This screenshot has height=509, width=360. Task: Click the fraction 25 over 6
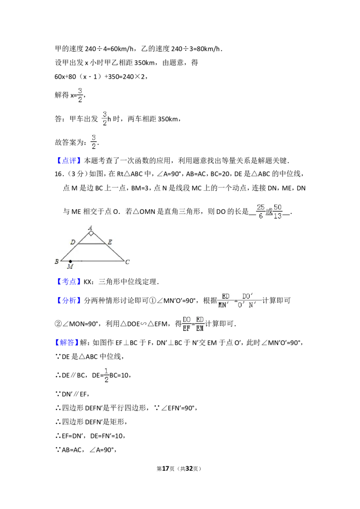pyautogui.click(x=261, y=212)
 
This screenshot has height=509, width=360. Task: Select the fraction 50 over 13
pyautogui.click(x=277, y=212)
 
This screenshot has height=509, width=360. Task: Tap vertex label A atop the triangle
pyautogui.click(x=90, y=228)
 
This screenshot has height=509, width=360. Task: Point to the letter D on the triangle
pyautogui.click(x=73, y=242)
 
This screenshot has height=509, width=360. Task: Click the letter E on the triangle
pyautogui.click(x=110, y=242)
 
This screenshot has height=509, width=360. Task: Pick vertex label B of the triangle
pyautogui.click(x=57, y=261)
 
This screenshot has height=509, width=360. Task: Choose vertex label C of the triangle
pyautogui.click(x=128, y=262)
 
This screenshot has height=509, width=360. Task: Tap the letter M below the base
pyautogui.click(x=70, y=267)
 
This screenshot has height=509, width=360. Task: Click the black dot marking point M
pyautogui.click(x=70, y=261)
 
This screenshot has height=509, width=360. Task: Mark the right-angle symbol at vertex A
pyautogui.click(x=91, y=233)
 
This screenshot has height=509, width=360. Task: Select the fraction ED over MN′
pyautogui.click(x=224, y=300)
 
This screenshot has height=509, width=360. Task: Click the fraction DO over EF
pyautogui.click(x=186, y=324)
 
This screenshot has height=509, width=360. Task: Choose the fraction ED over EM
pyautogui.click(x=200, y=324)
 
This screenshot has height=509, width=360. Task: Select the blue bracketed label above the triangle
pyautogui.click(x=70, y=160)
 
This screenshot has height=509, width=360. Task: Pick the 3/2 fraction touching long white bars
pyautogui.click(x=94, y=142)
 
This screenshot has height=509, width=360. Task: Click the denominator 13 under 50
pyautogui.click(x=277, y=217)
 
